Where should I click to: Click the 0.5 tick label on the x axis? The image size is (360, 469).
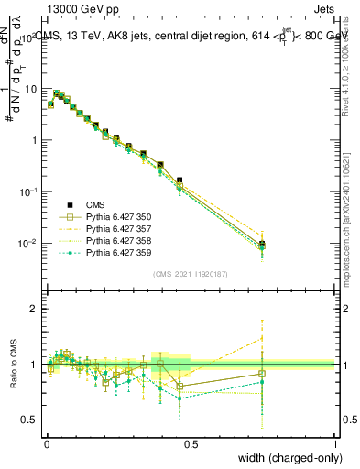click(x=191, y=443)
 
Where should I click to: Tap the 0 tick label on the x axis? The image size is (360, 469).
click(x=47, y=443)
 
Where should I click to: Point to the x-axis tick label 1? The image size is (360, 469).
click(x=335, y=443)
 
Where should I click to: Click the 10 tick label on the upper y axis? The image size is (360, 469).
click(x=30, y=89)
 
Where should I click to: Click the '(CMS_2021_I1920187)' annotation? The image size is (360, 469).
click(x=191, y=274)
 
